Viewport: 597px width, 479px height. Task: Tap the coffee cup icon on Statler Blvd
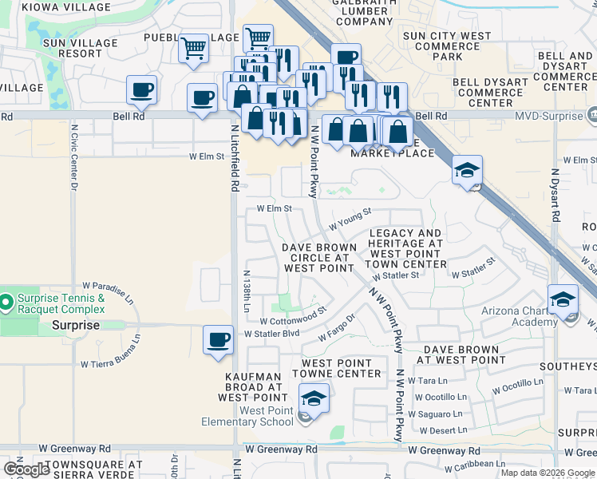(218, 340)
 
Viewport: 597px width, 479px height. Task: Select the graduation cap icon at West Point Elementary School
(314, 398)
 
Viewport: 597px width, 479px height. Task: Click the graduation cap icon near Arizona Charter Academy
(563, 299)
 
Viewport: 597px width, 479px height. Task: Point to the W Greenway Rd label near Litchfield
(281, 449)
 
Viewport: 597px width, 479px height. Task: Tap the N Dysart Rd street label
(555, 196)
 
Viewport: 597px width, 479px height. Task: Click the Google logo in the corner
(26, 469)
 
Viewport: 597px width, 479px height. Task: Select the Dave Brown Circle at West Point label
(318, 258)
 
